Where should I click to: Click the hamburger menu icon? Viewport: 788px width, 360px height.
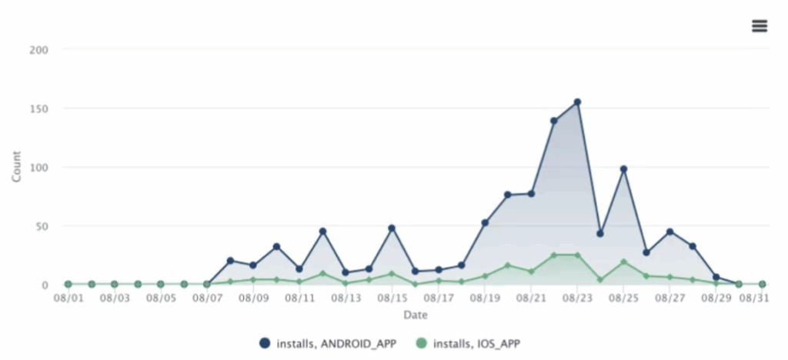click(760, 25)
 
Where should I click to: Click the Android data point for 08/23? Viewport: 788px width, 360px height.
click(577, 102)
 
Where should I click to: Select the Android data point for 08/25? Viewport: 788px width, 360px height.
click(623, 169)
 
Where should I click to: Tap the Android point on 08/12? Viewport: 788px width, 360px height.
click(323, 232)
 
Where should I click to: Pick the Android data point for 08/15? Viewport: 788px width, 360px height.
click(392, 228)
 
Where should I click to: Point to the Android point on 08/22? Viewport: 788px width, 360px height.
click(554, 121)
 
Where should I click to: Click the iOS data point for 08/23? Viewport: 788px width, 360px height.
click(577, 255)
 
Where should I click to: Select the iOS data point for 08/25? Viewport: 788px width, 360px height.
click(623, 262)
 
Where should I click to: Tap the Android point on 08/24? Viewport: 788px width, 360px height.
click(600, 233)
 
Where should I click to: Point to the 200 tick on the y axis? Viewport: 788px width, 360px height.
click(38, 50)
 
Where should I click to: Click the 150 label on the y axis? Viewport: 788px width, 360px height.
click(38, 108)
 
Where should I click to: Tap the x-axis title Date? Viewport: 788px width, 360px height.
click(415, 314)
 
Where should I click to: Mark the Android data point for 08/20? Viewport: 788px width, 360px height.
click(508, 195)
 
